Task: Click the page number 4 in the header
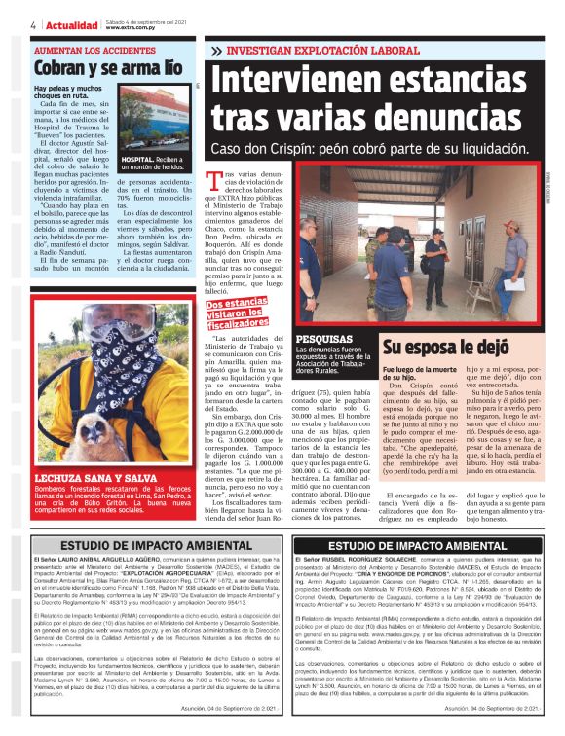34,23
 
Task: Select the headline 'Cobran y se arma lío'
106,68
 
